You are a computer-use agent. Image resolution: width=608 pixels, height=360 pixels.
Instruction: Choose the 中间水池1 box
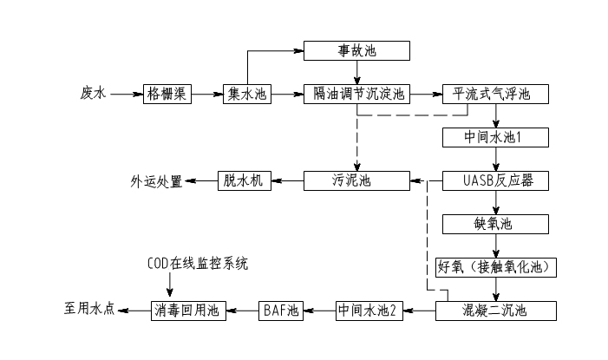pyautogui.click(x=495, y=137)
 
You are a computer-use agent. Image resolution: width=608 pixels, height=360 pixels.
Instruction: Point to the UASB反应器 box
pyautogui.click(x=495, y=180)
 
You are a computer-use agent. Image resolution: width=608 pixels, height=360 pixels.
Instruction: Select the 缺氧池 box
pyautogui.click(x=495, y=224)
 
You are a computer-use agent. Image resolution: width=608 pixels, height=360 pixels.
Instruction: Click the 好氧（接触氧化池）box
pyautogui.click(x=495, y=267)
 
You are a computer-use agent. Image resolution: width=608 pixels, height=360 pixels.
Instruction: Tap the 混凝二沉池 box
pyautogui.click(x=495, y=309)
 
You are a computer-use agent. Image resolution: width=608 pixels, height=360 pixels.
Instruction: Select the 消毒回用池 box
pyautogui.click(x=188, y=309)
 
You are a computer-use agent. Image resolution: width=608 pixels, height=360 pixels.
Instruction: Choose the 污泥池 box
pyautogui.click(x=356, y=180)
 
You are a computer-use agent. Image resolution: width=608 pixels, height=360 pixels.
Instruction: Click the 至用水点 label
pyautogui.click(x=89, y=309)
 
